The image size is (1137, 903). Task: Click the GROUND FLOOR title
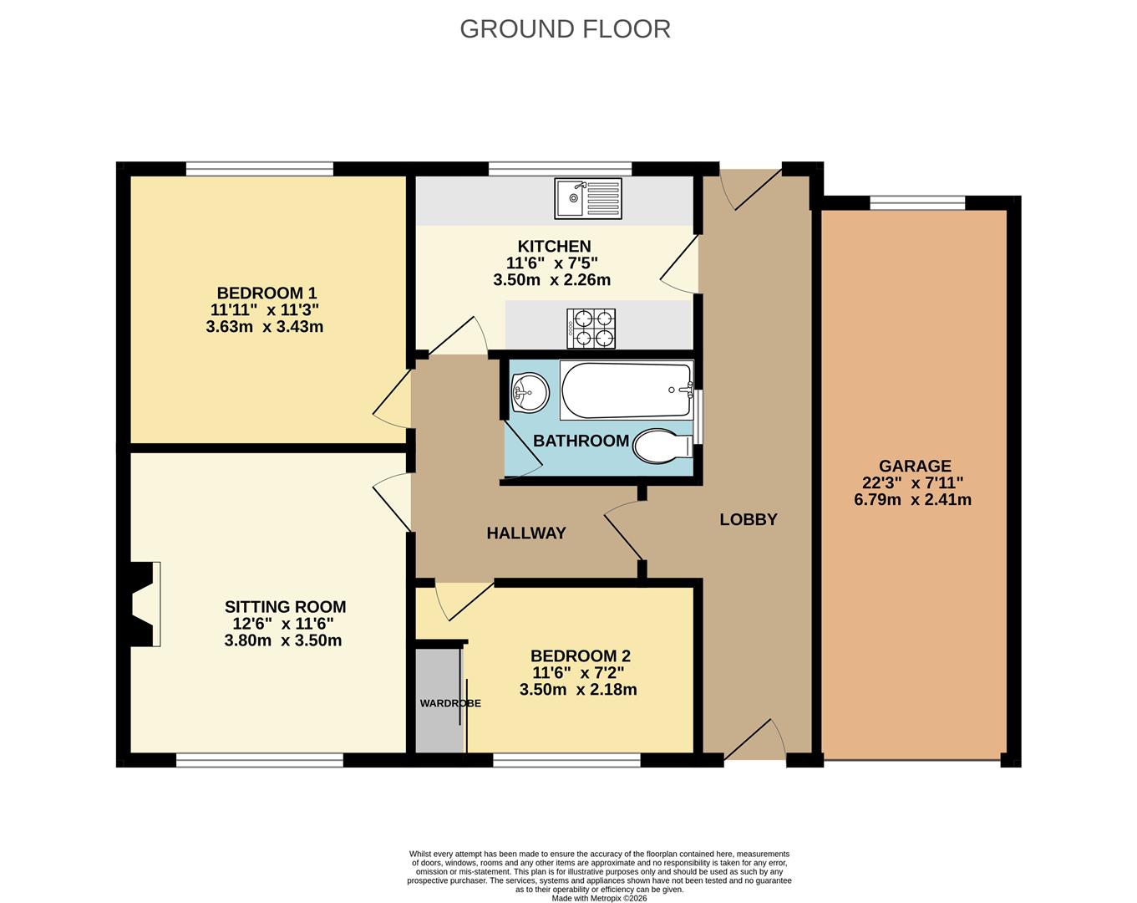tap(565, 29)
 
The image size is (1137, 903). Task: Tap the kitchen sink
tap(588, 198)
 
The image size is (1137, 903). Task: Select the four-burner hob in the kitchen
tap(591, 328)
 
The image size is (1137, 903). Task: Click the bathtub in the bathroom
tap(627, 390)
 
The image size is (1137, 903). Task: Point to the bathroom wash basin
tap(530, 392)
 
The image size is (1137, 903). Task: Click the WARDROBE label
tap(450, 703)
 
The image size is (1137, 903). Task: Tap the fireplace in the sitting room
tap(143, 604)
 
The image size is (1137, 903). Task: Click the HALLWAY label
tap(526, 533)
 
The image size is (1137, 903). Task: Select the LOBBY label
tap(749, 519)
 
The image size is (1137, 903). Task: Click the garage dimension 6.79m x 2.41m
tap(912, 499)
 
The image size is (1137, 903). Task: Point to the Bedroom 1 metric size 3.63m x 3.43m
tap(264, 326)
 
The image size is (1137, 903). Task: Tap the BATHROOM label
tap(581, 441)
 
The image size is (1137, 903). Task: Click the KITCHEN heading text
tap(554, 246)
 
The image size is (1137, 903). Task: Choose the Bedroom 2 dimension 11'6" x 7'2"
tap(579, 673)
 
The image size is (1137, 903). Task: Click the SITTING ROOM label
tap(286, 606)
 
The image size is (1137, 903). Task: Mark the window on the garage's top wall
tap(918, 202)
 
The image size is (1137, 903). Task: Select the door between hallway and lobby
tap(624, 531)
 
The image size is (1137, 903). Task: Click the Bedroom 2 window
tap(567, 760)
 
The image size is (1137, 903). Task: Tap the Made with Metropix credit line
tap(599, 898)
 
